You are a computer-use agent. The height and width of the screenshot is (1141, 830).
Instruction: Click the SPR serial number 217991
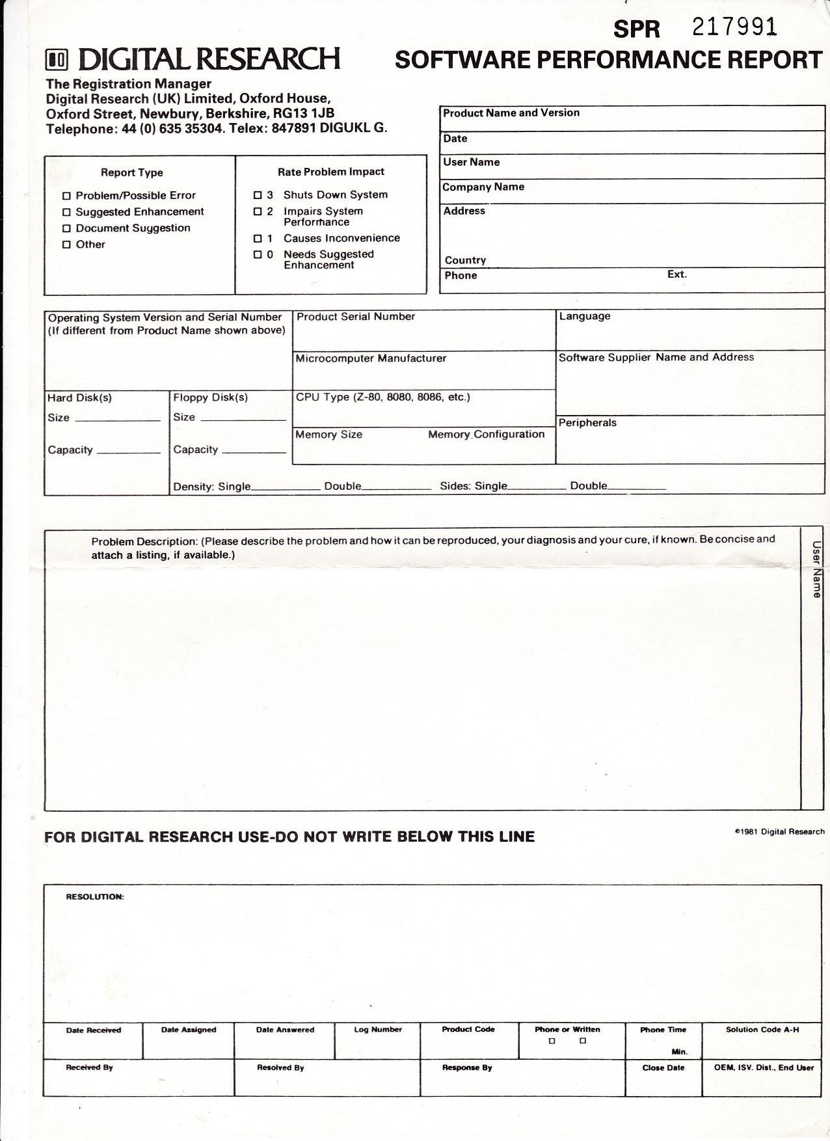click(734, 27)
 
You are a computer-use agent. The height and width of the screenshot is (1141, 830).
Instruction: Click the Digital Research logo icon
click(57, 60)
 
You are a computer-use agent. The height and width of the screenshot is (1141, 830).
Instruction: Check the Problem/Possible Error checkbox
click(66, 196)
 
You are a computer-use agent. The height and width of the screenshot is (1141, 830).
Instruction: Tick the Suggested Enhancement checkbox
click(66, 212)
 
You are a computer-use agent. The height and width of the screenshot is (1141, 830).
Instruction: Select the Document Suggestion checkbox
click(66, 228)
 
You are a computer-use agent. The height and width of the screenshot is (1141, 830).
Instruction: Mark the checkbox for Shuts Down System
click(258, 195)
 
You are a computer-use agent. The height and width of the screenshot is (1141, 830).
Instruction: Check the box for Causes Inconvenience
click(258, 239)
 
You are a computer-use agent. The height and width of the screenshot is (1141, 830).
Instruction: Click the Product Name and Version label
click(511, 113)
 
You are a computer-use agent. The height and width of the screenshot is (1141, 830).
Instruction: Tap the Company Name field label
click(483, 187)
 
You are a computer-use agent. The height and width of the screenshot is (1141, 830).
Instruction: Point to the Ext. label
click(676, 275)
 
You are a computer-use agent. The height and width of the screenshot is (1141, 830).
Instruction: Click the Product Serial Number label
click(356, 317)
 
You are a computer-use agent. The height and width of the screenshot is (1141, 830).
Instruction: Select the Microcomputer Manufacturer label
click(371, 358)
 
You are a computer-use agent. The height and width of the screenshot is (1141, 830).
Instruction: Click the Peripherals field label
click(587, 423)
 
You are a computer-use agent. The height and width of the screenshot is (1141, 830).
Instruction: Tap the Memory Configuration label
click(486, 435)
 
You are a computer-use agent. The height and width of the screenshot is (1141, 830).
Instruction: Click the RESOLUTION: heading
click(95, 897)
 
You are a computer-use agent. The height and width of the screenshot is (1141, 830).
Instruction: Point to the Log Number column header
click(378, 1030)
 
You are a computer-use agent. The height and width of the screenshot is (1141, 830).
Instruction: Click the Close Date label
click(663, 1068)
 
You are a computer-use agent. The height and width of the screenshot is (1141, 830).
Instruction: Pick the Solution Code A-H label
click(762, 1030)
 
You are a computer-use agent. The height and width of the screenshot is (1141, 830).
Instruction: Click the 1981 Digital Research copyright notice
click(779, 832)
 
